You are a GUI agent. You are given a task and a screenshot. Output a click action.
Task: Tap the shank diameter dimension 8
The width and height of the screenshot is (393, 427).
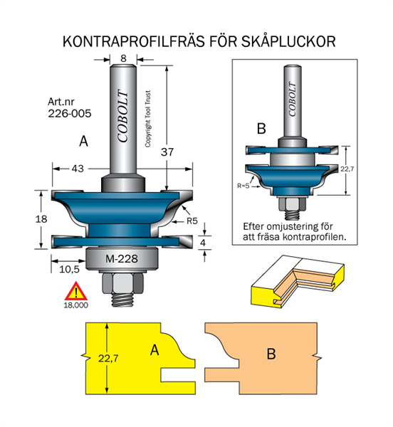pyautogui.click(x=123, y=58)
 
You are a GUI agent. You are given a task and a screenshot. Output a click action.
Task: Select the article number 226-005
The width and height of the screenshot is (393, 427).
pyautogui.click(x=70, y=114)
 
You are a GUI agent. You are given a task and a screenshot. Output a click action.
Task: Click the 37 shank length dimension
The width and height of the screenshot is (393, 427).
pyautogui.click(x=167, y=152)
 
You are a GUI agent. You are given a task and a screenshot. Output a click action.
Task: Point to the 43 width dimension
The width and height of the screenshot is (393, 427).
pyautogui.click(x=78, y=169)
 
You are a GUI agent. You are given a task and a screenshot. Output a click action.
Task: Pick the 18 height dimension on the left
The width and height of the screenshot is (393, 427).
pyautogui.click(x=41, y=218)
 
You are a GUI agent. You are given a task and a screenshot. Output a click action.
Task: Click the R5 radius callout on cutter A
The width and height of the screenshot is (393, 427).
pyautogui.click(x=192, y=221)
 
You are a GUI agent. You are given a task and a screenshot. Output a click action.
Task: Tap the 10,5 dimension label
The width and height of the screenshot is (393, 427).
pyautogui.click(x=69, y=269)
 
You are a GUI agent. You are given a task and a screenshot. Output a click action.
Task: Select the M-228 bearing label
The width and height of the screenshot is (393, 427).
pyautogui.click(x=122, y=259)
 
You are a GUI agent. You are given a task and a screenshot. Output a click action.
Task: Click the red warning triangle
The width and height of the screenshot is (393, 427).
pyautogui.click(x=76, y=291)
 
